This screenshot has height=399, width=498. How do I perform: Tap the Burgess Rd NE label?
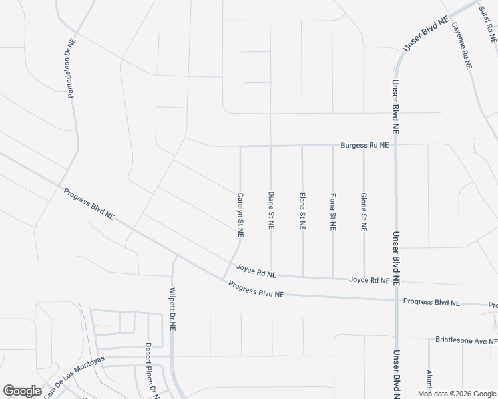364,144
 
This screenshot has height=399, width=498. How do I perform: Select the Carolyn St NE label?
240,215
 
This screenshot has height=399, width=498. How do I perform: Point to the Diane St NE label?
271,211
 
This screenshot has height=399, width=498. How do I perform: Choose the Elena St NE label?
302,211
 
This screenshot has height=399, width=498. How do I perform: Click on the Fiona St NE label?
333,211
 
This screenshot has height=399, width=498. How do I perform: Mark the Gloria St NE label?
364,211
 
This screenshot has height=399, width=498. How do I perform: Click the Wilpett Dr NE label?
172,309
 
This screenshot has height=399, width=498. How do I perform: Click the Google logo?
22,391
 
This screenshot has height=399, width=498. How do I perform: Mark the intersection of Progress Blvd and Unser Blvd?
396,300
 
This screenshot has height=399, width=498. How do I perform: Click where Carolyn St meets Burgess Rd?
240,146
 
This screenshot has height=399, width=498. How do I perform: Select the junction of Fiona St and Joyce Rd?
333,277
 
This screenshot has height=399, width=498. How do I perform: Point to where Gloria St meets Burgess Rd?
364,145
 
